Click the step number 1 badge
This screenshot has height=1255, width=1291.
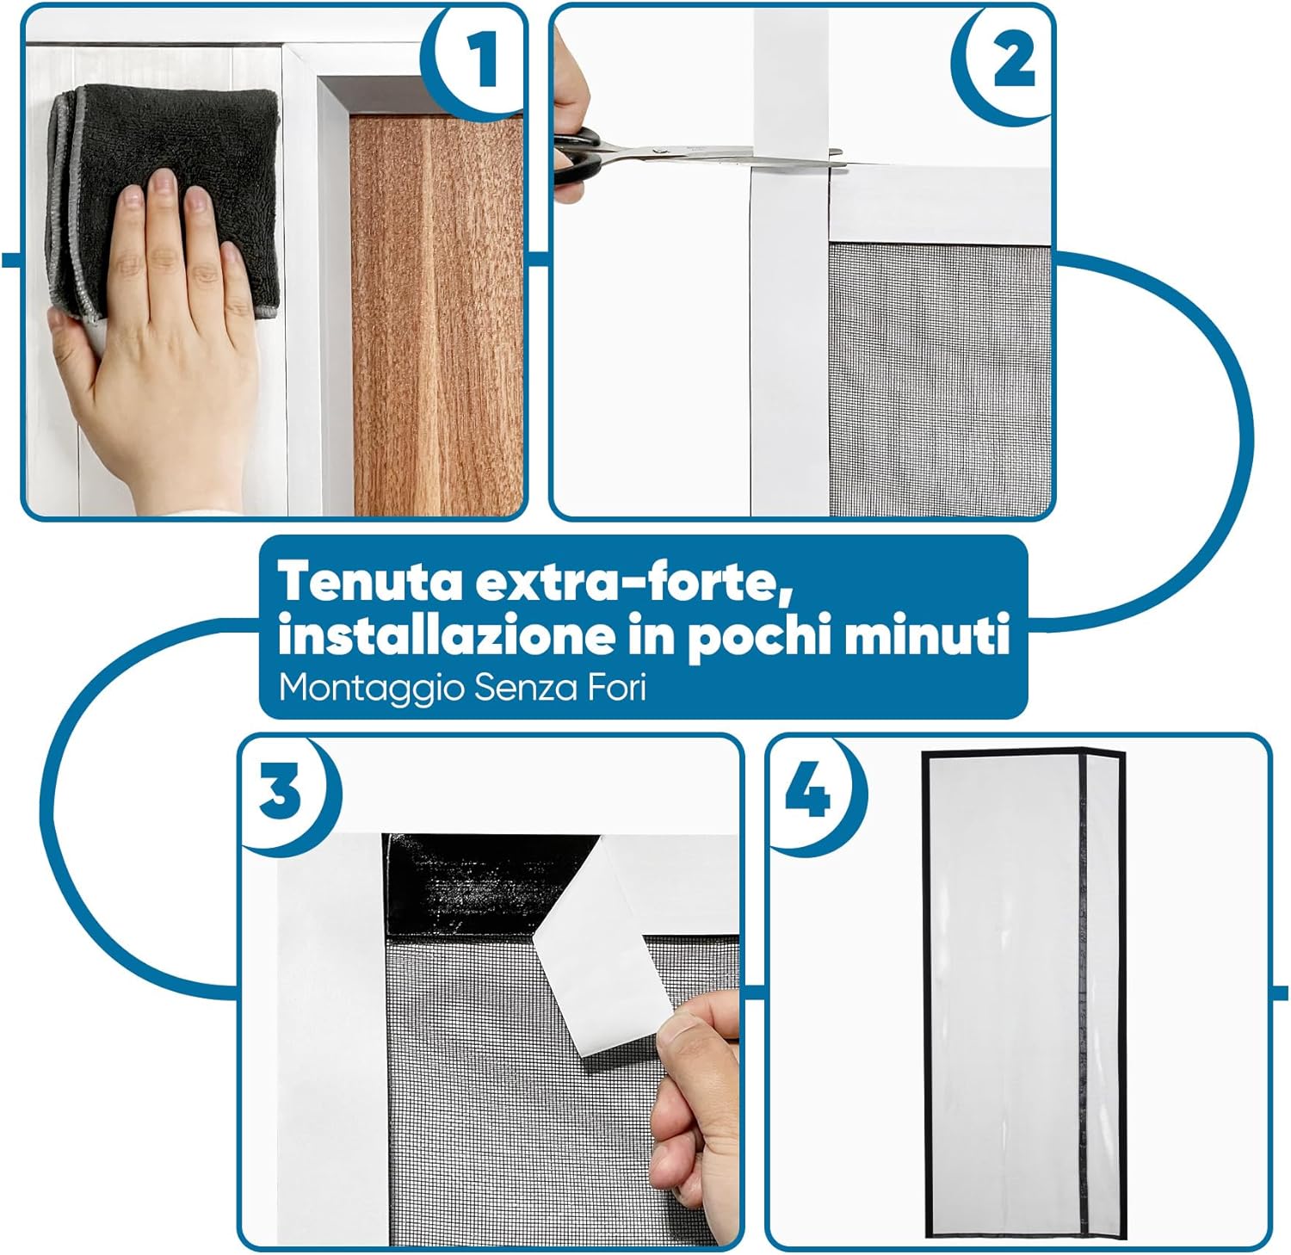[x=479, y=59]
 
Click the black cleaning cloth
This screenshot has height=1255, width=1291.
[x=164, y=198]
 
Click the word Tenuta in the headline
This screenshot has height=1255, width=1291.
[x=372, y=583]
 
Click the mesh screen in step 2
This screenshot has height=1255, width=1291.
[x=940, y=379]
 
